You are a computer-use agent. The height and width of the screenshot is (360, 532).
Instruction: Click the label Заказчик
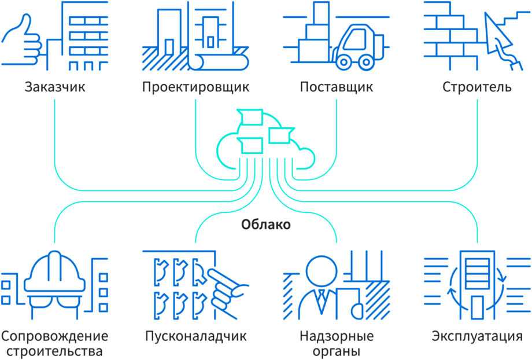tap(55, 88)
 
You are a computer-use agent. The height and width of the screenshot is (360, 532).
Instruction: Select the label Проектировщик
tap(195, 88)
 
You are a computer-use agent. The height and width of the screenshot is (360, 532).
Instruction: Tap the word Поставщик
tap(337, 88)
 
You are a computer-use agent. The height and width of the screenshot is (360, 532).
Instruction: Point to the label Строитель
tap(477, 88)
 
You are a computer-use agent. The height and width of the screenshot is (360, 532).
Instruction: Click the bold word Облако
tap(266, 225)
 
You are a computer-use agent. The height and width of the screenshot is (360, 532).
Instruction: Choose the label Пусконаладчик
tap(195, 336)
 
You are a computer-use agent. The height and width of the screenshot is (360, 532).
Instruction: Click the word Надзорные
tap(337, 336)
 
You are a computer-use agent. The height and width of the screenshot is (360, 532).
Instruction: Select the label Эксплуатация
tap(477, 336)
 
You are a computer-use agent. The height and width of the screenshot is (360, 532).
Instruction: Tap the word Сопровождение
tap(55, 336)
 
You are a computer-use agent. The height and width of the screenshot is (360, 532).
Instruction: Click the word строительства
tap(55, 351)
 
